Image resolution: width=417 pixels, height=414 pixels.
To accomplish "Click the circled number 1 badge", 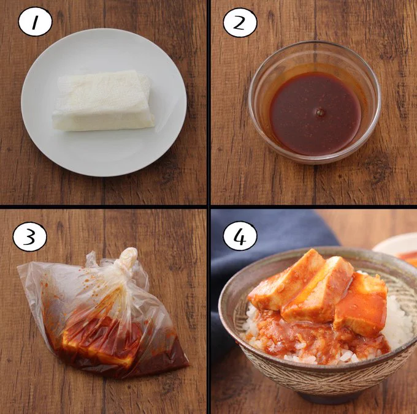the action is [35, 22].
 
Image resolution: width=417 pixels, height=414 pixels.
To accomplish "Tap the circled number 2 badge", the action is [240, 22].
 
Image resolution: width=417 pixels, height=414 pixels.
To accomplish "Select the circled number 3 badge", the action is [29, 236].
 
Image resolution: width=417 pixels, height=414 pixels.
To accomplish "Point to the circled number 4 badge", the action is [240, 236].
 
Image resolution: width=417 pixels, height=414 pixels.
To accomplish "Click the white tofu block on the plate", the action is [103, 100].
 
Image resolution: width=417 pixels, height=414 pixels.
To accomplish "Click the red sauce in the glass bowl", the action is [315, 113].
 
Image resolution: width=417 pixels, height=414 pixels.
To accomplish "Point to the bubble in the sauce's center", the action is [319, 113].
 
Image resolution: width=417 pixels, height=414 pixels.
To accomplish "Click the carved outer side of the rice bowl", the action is [319, 380].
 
